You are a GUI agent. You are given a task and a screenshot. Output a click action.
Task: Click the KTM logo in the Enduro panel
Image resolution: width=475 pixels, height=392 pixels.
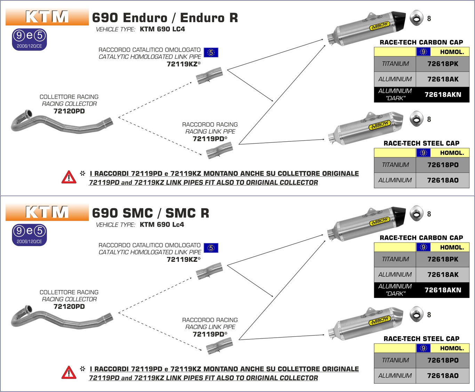47,17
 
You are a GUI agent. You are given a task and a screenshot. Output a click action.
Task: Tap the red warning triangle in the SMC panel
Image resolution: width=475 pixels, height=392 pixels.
69,373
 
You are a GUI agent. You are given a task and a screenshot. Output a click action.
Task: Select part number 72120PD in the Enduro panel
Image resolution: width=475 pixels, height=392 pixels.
69,111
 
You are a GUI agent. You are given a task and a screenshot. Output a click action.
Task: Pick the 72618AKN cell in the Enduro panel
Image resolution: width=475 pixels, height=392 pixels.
443,94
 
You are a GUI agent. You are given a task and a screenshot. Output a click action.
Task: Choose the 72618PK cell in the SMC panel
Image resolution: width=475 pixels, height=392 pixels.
443,259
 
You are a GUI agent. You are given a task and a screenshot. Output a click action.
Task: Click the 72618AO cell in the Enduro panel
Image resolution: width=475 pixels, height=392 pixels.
443,180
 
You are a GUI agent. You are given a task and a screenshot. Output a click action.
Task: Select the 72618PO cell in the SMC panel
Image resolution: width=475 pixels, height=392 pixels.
443,360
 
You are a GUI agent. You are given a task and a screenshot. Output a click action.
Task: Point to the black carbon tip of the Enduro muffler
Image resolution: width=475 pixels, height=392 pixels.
398,19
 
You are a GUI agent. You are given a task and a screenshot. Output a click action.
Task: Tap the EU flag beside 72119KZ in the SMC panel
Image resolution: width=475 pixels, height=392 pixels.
211,248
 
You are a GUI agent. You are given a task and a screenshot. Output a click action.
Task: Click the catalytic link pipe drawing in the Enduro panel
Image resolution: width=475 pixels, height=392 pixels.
209,76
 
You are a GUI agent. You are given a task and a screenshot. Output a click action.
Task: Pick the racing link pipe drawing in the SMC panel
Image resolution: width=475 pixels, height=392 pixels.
219,345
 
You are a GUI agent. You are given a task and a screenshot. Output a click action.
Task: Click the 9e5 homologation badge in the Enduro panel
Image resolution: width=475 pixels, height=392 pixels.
30,39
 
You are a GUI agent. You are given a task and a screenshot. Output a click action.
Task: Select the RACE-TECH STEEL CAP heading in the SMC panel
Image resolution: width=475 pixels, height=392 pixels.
421,339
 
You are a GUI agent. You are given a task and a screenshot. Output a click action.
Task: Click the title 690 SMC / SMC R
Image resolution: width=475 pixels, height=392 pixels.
151,213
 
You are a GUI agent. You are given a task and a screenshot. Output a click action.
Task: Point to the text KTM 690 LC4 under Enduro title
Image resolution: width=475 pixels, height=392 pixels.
162,29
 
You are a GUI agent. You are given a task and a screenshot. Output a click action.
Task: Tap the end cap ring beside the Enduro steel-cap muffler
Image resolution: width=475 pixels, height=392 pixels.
416,119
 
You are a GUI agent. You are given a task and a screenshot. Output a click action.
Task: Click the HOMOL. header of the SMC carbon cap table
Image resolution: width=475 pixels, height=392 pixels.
452,248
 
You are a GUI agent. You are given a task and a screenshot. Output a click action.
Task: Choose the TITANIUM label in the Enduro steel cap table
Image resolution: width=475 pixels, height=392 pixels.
395,165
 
